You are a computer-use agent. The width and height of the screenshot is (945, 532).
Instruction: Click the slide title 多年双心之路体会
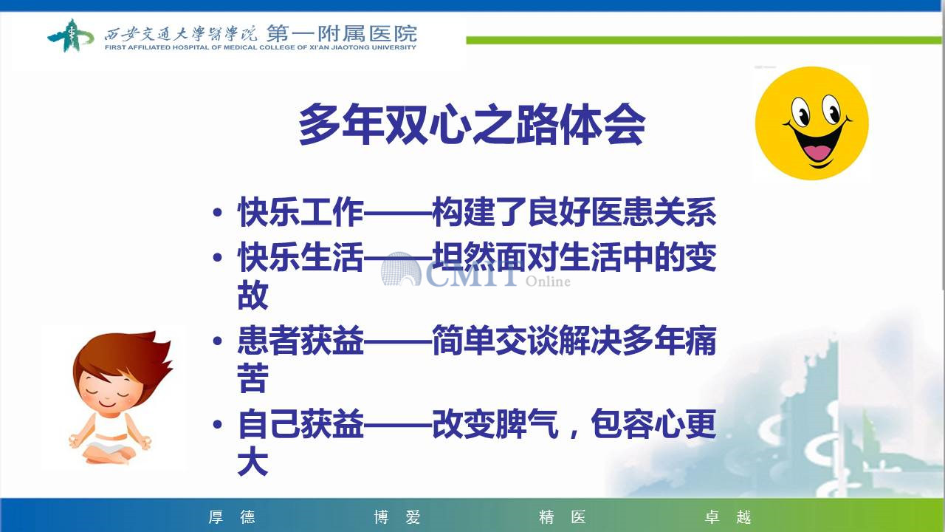pyautogui.click(x=472, y=125)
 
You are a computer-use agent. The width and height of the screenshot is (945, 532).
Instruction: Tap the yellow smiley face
pyautogui.click(x=811, y=123)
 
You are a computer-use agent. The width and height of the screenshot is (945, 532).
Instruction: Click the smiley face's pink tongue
pyautogui.click(x=817, y=152)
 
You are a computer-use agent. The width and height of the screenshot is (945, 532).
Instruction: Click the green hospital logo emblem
pyautogui.click(x=70, y=35)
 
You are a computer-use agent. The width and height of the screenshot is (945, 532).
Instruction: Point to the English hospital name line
pyautogui.click(x=261, y=47)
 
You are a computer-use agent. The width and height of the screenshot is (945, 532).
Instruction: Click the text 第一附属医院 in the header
pyautogui.click(x=342, y=33)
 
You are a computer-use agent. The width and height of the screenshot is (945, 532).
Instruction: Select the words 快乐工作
pyautogui.click(x=300, y=212)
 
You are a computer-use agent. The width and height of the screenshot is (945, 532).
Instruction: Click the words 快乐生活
pyautogui.click(x=300, y=256)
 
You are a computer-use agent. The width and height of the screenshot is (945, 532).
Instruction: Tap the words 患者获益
pyautogui.click(x=300, y=340)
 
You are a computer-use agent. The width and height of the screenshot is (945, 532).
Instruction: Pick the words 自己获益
pyautogui.click(x=300, y=423)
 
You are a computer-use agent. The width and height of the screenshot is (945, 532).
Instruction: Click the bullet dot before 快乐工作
pyautogui.click(x=218, y=212)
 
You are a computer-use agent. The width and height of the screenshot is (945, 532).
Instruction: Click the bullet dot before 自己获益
pyautogui.click(x=218, y=424)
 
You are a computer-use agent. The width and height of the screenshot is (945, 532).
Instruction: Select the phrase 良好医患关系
pyautogui.click(x=622, y=212)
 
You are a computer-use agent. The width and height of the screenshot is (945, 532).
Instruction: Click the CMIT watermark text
pyautogui.click(x=472, y=273)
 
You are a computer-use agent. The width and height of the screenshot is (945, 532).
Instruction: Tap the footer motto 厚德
pyautogui.click(x=232, y=516)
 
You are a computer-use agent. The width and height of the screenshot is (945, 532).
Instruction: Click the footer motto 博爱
pyautogui.click(x=397, y=516)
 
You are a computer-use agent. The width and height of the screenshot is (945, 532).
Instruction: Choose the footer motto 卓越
pyautogui.click(x=727, y=516)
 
